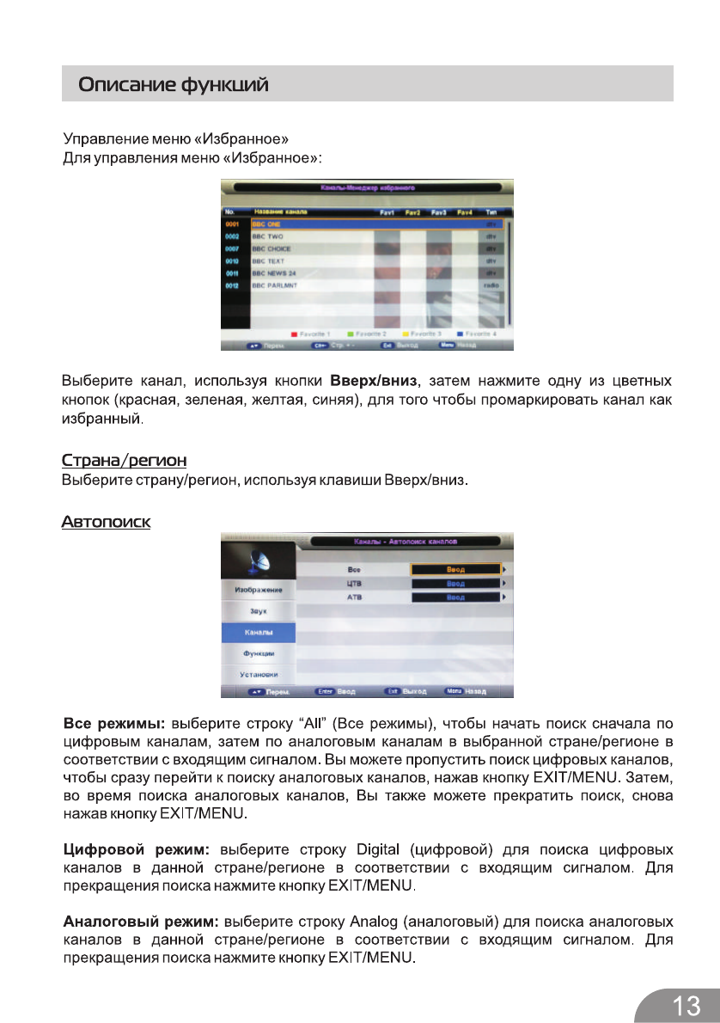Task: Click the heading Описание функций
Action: click(174, 85)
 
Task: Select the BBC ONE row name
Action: click(261, 224)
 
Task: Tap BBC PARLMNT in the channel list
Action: click(274, 285)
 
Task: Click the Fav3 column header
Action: click(438, 211)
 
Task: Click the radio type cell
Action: click(492, 285)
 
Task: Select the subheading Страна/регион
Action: click(125, 461)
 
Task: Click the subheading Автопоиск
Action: click(106, 522)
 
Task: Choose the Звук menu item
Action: click(259, 610)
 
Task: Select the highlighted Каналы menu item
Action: click(259, 632)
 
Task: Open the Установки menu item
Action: click(259, 674)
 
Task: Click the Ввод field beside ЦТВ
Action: click(455, 583)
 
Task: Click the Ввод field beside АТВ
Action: click(455, 597)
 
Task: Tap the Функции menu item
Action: click(259, 653)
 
